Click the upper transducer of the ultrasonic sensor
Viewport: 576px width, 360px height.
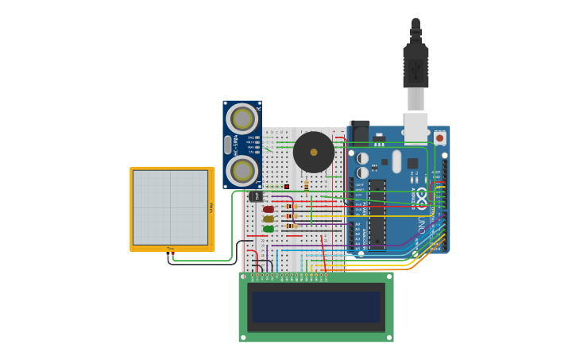[242, 119]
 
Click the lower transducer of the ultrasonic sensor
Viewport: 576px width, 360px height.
[242, 170]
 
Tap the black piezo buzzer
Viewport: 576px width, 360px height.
[314, 152]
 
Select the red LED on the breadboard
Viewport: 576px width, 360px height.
[269, 209]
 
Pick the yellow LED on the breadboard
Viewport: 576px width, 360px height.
[269, 219]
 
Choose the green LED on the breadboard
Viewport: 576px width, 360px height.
[269, 229]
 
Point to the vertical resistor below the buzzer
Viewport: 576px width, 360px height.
[307, 185]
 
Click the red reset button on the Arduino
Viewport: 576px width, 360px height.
[440, 137]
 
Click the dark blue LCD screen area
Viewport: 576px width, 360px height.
[316, 307]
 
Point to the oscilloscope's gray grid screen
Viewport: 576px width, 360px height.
[170, 207]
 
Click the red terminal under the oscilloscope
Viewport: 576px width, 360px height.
[168, 254]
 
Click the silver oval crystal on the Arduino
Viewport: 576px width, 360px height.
[396, 161]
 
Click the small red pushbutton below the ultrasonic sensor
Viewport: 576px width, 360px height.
[287, 187]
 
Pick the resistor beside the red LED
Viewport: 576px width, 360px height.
[291, 207]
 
